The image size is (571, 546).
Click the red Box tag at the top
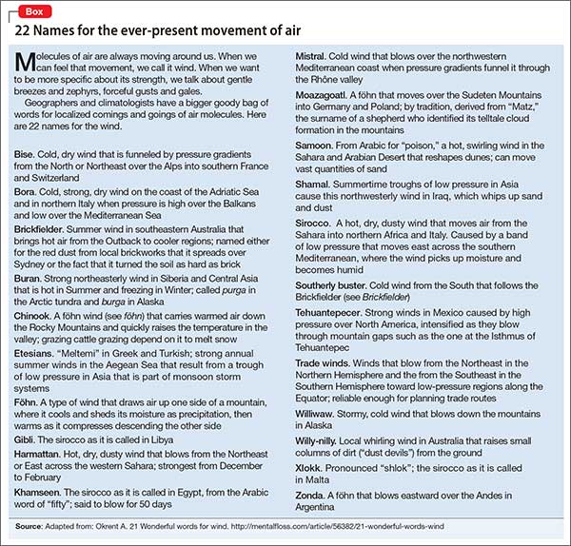point(30,9)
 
